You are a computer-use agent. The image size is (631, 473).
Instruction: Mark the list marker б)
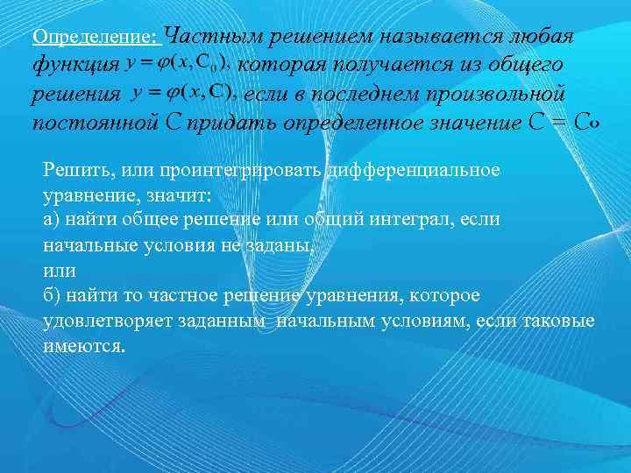coord(52,295)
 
